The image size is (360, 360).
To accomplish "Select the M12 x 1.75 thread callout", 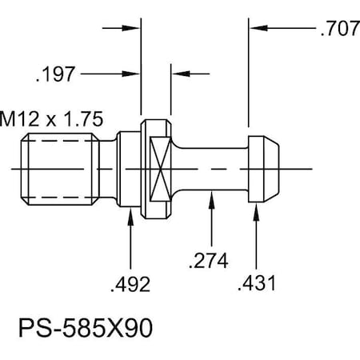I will click(53, 119).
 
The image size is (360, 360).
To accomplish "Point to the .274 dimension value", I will click(210, 261).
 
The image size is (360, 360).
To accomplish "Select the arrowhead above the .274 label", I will click(210, 197).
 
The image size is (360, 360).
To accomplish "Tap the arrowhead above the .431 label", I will click(256, 209).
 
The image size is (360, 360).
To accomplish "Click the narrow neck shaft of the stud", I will click(210, 169).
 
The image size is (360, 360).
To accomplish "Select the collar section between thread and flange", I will click(129, 169).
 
